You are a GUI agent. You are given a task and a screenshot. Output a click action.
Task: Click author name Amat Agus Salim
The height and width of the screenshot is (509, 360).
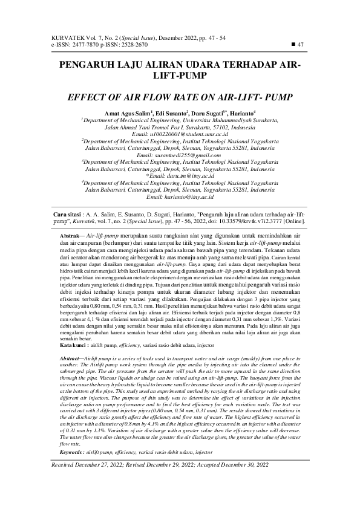pos(128,113)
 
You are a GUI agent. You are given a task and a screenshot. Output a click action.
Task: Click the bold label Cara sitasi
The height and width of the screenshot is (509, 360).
pos(65,215)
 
